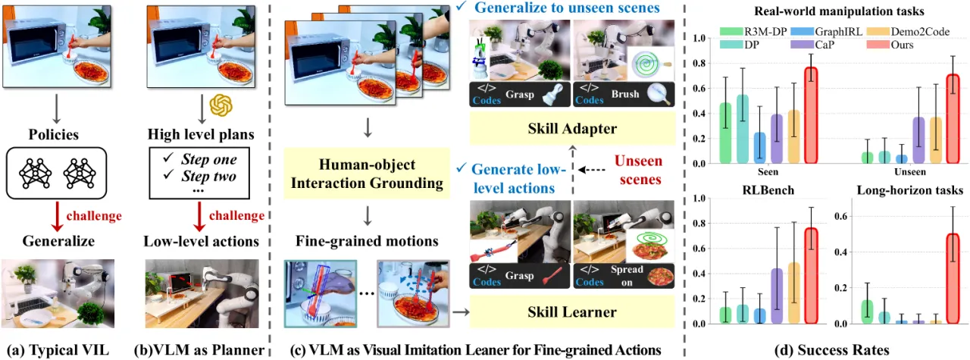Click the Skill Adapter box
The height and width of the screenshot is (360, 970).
point(572,128)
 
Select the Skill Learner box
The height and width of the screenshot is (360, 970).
point(572,311)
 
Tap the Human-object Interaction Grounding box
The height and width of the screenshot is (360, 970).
point(367,174)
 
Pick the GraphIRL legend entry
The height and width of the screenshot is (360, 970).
point(826,31)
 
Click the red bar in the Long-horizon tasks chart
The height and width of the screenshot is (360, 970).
point(953,279)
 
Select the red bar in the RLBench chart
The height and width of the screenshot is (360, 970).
point(811,276)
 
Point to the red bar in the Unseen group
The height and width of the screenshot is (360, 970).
point(953,119)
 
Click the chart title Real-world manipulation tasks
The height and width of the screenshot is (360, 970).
point(839,11)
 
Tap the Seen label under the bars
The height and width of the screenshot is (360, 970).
point(768,171)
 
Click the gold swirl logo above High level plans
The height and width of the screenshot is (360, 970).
point(221,105)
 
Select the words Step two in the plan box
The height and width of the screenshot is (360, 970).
point(208,176)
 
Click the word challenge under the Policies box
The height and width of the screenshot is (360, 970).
point(94,216)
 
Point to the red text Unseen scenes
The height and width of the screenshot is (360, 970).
point(639,170)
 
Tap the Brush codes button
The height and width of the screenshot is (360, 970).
point(624,94)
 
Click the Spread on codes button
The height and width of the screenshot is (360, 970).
point(624,276)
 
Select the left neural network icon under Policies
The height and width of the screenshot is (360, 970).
point(35,174)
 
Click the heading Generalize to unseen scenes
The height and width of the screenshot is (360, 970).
point(567,8)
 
